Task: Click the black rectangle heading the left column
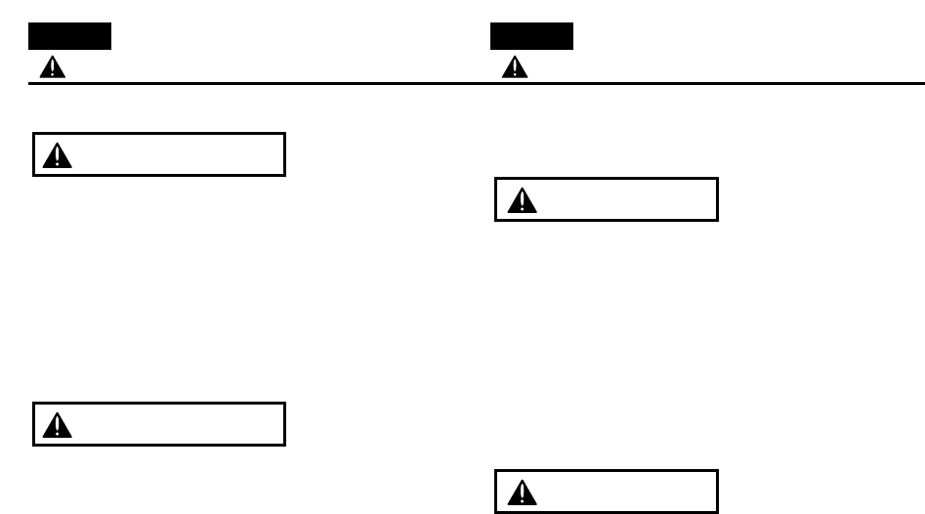[x=69, y=37]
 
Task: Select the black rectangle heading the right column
[x=531, y=37]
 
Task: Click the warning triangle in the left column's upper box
[x=60, y=155]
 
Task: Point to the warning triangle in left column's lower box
[x=60, y=424]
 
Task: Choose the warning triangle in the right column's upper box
[x=525, y=200]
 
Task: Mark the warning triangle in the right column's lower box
[x=525, y=493]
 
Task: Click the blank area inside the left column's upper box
[x=176, y=155]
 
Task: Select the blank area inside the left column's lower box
[x=176, y=424]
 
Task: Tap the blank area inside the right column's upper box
[x=625, y=200]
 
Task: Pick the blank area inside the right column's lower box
[x=625, y=493]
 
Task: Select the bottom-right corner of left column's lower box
[x=284, y=446]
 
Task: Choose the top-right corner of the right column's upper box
[x=718, y=179]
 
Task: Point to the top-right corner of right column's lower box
[x=718, y=472]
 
